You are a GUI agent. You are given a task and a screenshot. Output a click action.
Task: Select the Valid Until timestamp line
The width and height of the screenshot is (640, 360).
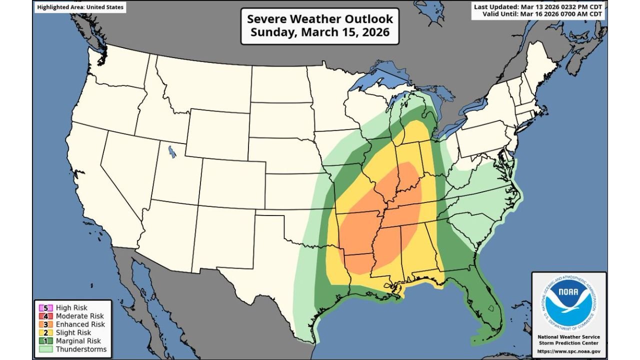point(543,14)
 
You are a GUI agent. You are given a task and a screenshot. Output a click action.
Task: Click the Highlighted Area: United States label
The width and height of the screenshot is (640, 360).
point(80,7)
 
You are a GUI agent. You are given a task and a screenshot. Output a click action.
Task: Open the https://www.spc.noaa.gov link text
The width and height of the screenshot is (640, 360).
point(568,351)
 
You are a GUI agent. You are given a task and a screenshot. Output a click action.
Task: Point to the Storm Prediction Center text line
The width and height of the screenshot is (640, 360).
point(568,343)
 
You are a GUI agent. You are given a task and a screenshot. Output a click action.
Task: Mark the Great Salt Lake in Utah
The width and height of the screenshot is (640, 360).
point(172,151)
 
